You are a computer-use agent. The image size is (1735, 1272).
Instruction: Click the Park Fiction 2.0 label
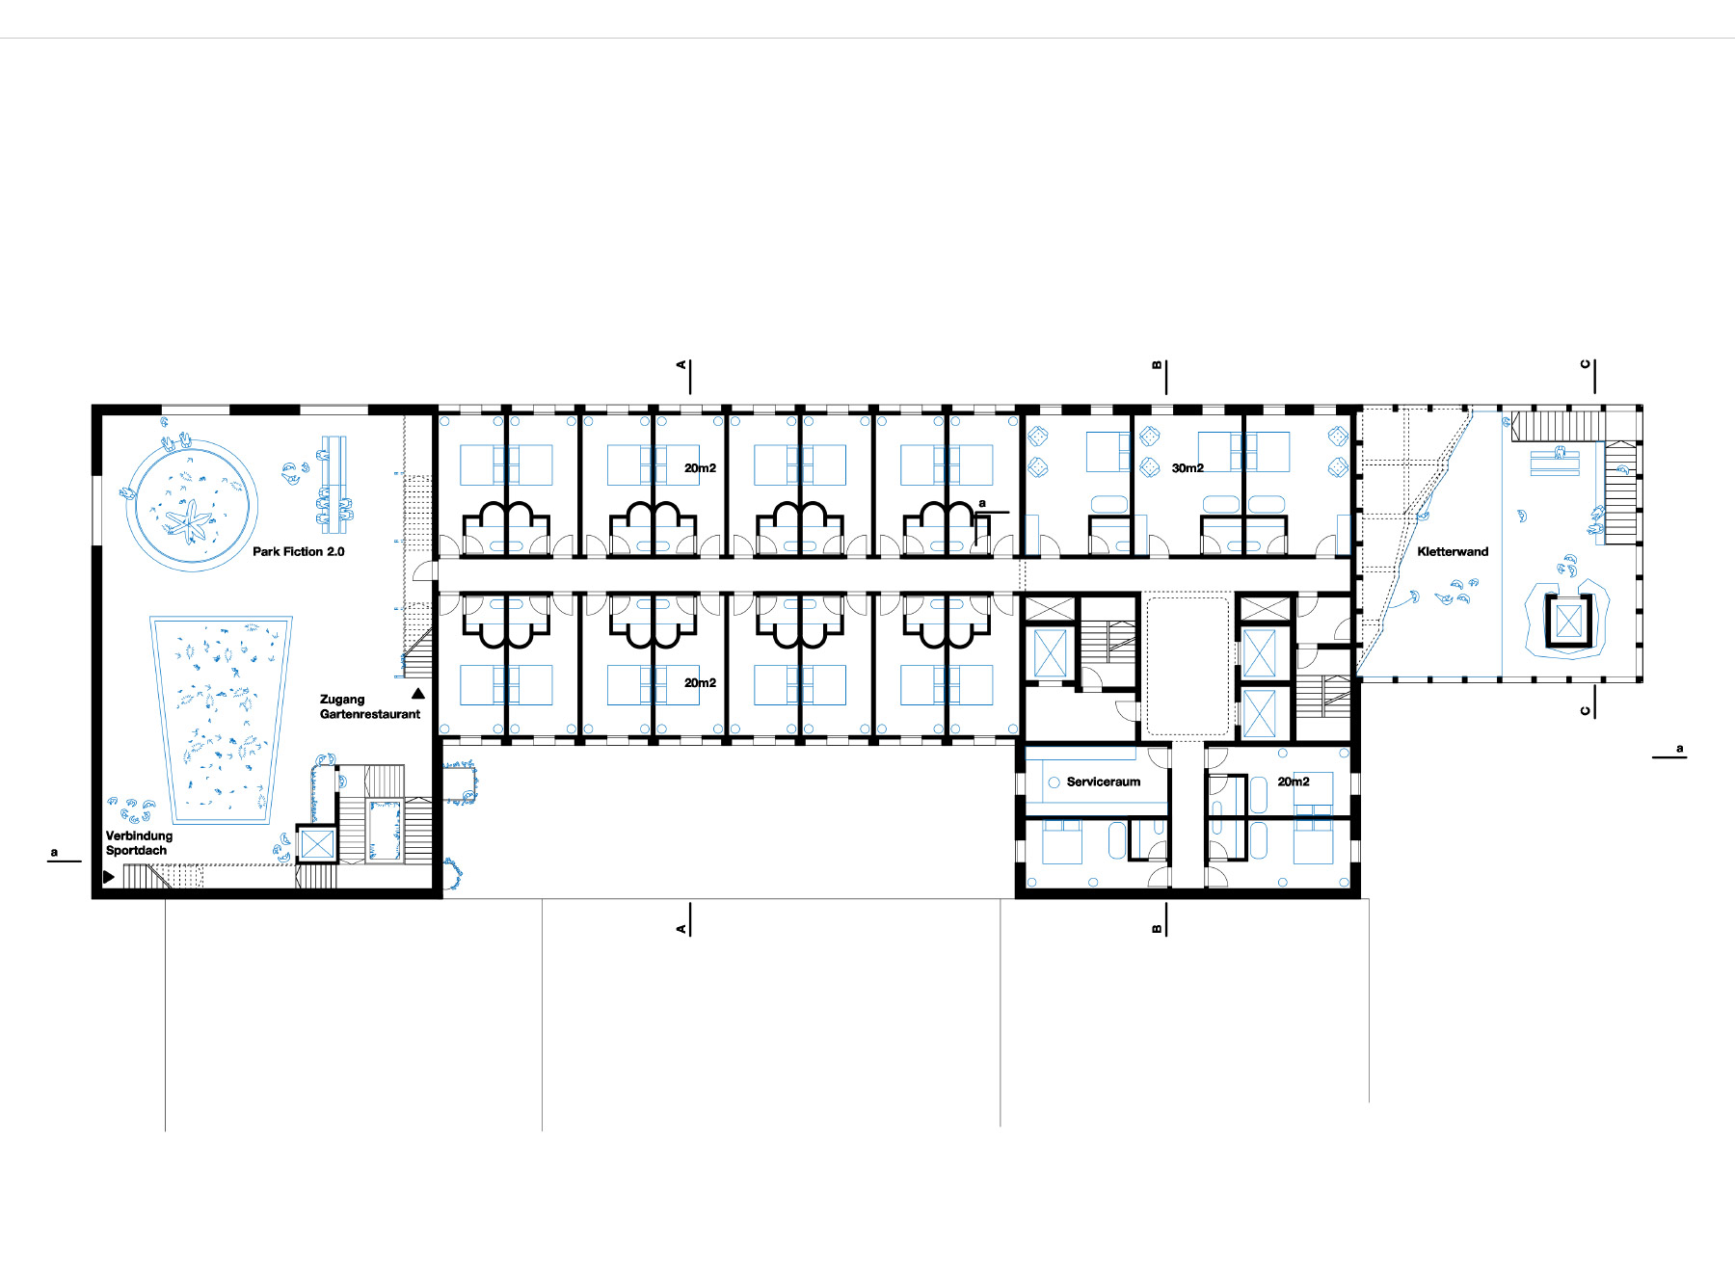pyautogui.click(x=298, y=551)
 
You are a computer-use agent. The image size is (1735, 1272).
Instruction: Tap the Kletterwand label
pyautogui.click(x=1453, y=551)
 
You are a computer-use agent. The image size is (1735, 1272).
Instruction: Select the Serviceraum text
pyautogui.click(x=1103, y=782)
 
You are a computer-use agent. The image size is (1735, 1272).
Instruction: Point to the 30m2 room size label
pyautogui.click(x=1188, y=467)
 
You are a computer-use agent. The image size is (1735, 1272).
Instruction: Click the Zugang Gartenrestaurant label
pyautogui.click(x=369, y=706)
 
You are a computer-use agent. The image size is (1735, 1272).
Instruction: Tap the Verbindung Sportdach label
pyautogui.click(x=139, y=842)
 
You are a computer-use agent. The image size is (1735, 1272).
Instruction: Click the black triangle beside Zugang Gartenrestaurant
pyautogui.click(x=418, y=693)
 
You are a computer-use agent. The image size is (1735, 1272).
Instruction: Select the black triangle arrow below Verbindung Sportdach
pyautogui.click(x=109, y=877)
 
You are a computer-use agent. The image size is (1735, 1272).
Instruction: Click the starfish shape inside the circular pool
pyautogui.click(x=189, y=521)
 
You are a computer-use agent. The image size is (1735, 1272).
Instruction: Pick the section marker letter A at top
pyautogui.click(x=681, y=364)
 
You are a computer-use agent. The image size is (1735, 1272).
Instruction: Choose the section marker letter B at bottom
pyautogui.click(x=1157, y=929)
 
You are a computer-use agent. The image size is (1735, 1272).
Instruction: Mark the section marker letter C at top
pyautogui.click(x=1585, y=364)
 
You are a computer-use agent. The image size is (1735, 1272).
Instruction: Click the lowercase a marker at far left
pyautogui.click(x=54, y=852)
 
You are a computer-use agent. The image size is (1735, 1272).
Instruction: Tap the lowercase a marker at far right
pyautogui.click(x=1679, y=748)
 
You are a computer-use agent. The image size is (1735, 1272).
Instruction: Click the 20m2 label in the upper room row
pyautogui.click(x=700, y=467)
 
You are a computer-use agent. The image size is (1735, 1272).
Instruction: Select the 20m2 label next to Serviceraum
pyautogui.click(x=1293, y=782)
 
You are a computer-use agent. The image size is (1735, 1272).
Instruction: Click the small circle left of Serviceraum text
pyautogui.click(x=1054, y=782)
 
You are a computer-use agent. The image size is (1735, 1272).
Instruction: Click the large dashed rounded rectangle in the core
pyautogui.click(x=1188, y=666)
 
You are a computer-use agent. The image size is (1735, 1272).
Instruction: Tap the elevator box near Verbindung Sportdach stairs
pyautogui.click(x=316, y=844)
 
